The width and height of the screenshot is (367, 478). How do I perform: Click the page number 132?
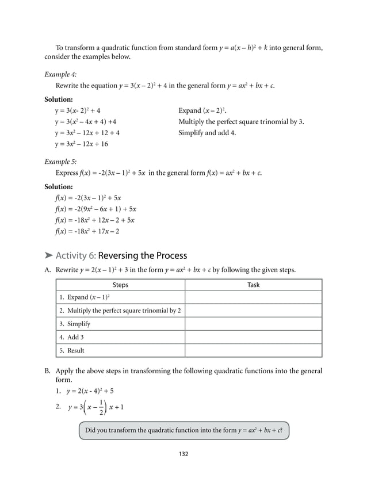pos(183,454)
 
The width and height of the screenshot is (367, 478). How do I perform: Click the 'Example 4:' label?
pos(60,74)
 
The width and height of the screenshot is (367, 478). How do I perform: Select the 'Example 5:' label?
pos(60,163)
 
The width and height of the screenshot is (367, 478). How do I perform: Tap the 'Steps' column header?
pos(120,285)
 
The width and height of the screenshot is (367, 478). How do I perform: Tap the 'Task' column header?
pos(253,285)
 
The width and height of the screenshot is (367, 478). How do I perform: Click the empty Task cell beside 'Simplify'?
pos(253,324)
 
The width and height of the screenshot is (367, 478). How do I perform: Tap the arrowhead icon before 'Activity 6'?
pos(49,255)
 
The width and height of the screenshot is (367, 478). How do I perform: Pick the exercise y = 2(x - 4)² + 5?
pos(91,392)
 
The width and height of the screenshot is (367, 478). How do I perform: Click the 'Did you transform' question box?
pos(183,430)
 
